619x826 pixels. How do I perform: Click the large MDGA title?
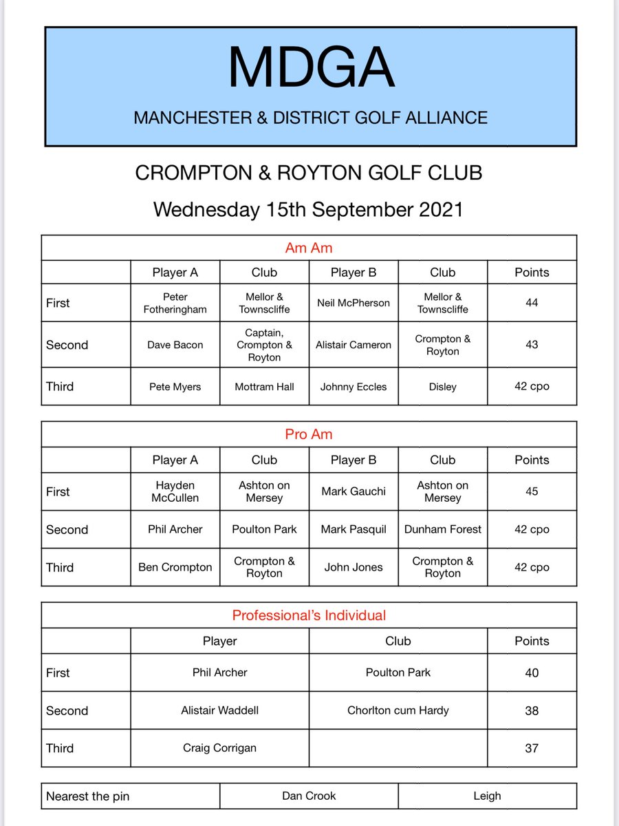click(311, 69)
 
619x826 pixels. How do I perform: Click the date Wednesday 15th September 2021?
click(308, 209)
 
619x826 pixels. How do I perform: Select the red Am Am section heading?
click(309, 248)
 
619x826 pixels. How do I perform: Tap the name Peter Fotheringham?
click(175, 303)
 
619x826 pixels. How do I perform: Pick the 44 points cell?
click(532, 303)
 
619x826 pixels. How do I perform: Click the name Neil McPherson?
click(354, 303)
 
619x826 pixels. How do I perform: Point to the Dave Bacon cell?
click(175, 345)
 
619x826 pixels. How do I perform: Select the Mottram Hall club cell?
click(264, 387)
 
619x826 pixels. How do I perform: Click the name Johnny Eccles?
click(354, 387)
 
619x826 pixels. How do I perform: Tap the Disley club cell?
click(442, 387)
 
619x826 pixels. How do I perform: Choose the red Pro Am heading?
click(309, 435)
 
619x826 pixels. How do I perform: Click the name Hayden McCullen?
click(175, 491)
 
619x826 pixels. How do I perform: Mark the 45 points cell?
click(532, 491)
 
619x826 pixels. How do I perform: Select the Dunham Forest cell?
click(442, 529)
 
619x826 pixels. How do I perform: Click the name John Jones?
click(354, 567)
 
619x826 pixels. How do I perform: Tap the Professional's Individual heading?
click(309, 615)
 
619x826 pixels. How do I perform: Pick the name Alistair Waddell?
click(219, 710)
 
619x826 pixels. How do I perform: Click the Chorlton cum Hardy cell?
click(398, 710)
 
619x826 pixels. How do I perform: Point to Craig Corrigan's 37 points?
click(532, 748)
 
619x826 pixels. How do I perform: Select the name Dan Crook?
click(309, 796)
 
